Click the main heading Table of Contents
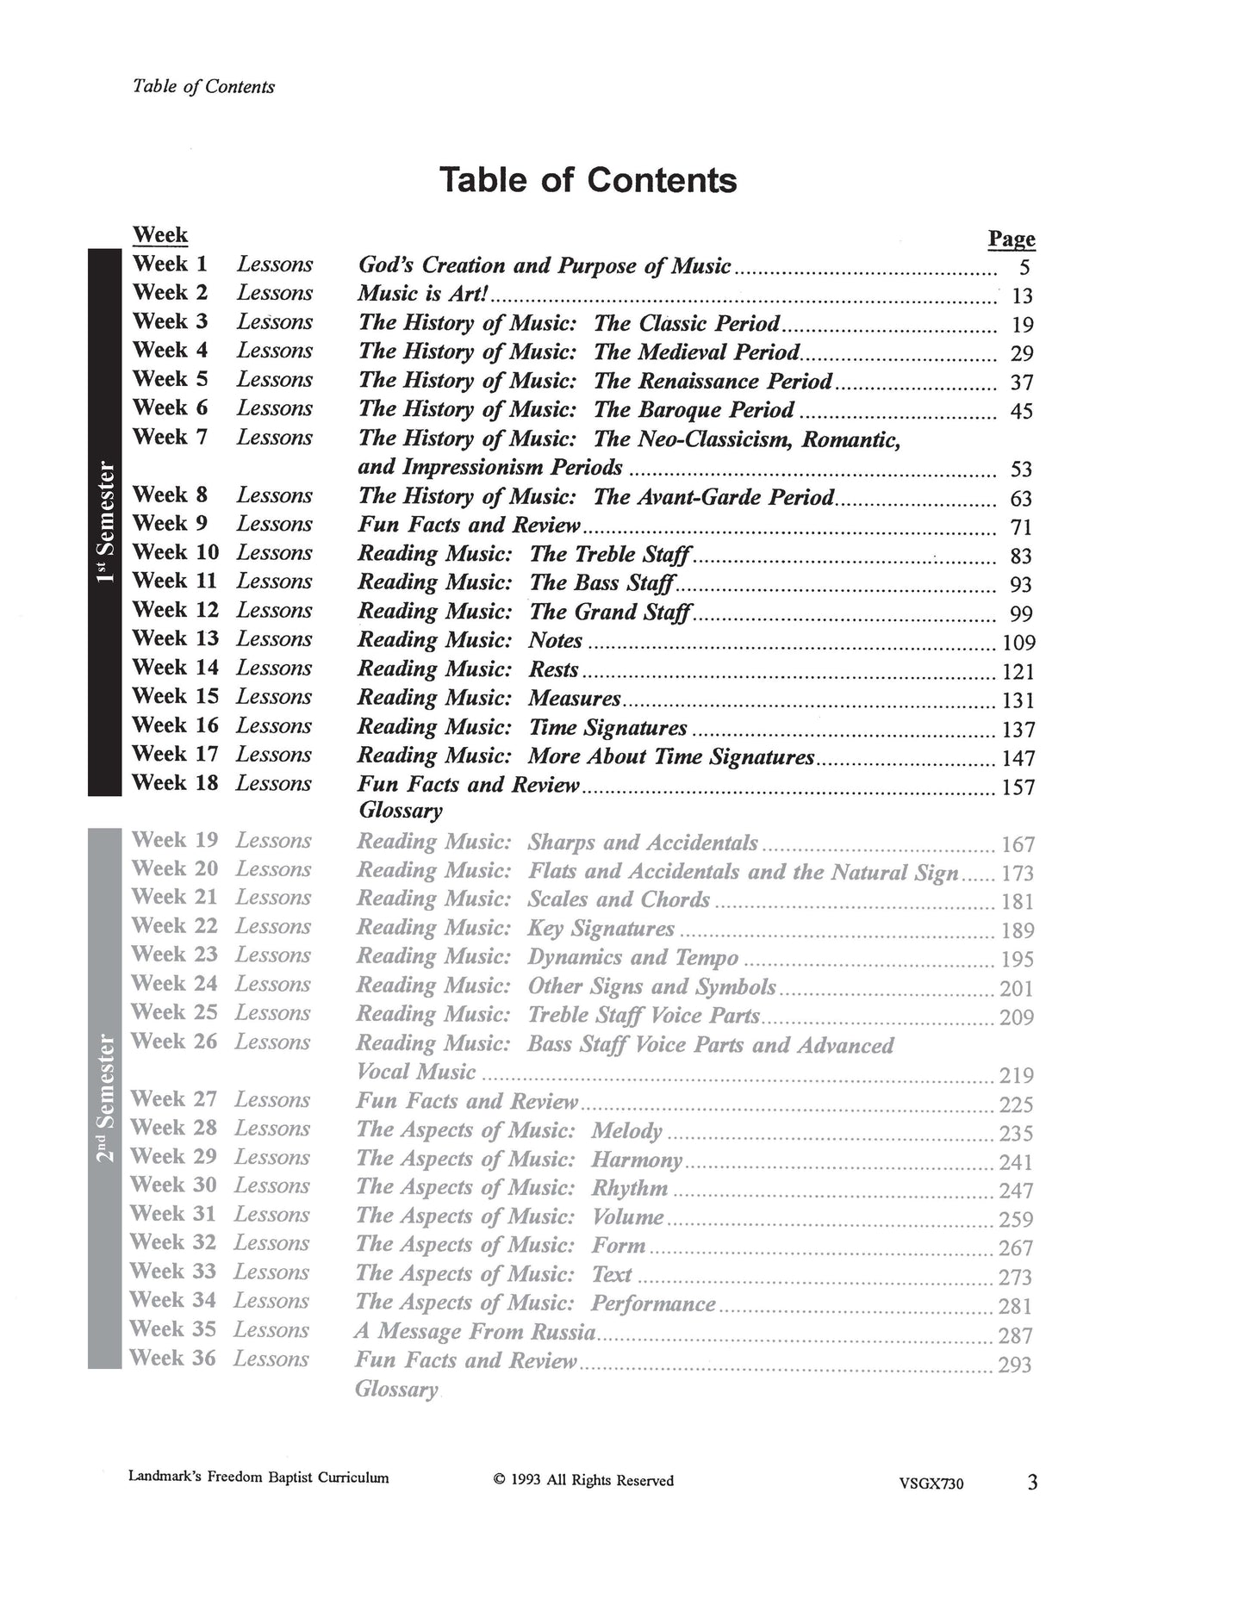tap(588, 180)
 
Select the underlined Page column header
tap(1011, 239)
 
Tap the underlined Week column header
tap(159, 234)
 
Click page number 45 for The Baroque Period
tap(1020, 411)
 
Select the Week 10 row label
tap(176, 552)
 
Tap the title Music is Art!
tap(423, 294)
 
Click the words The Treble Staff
tap(609, 554)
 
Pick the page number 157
tap(1018, 787)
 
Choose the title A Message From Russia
tap(475, 1332)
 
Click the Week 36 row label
tap(173, 1359)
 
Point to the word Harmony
tap(636, 1160)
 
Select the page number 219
tap(1016, 1075)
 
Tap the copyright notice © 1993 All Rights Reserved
tap(583, 1481)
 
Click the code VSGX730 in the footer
tap(930, 1483)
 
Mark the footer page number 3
tap(1032, 1483)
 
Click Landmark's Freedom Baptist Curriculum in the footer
tap(258, 1477)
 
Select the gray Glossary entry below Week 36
tap(395, 1389)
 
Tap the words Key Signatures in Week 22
tap(601, 929)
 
